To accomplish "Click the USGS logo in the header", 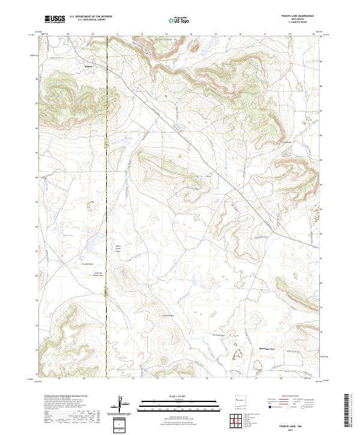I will (55, 20).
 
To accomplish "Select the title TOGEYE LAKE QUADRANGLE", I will (298, 16).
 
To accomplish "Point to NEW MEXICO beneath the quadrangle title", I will (298, 20).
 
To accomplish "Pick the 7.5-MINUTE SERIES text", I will (298, 23).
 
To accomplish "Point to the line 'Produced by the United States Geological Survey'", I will (66, 397).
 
